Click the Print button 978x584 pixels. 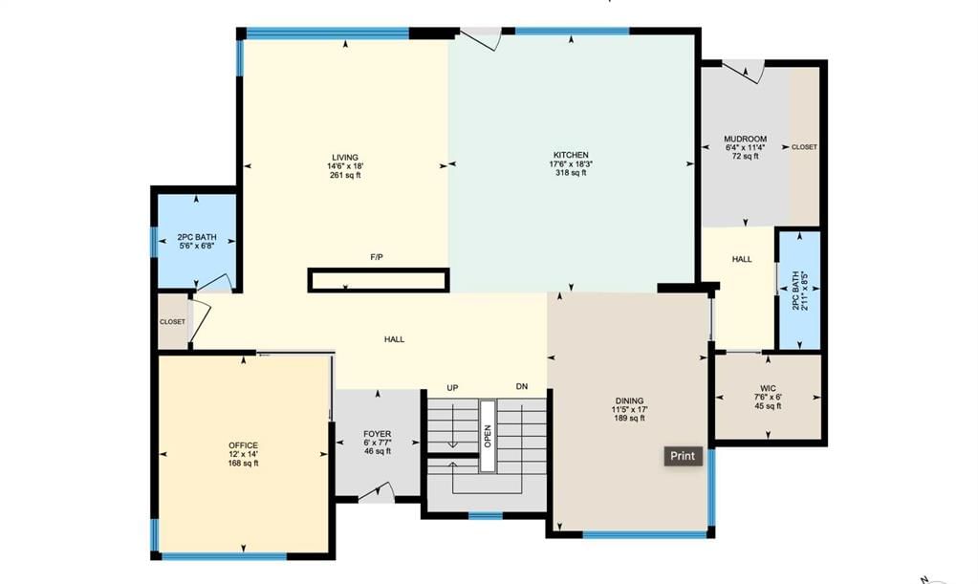click(x=683, y=456)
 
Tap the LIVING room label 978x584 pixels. click(x=345, y=158)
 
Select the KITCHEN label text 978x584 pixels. click(x=571, y=155)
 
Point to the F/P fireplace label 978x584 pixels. click(x=376, y=257)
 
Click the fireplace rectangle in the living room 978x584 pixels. click(x=379, y=280)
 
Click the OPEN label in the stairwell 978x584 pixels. click(x=488, y=436)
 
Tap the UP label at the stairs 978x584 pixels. click(x=452, y=388)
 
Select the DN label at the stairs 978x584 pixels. click(x=521, y=386)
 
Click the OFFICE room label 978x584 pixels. click(x=243, y=445)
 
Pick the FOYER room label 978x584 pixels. click(x=378, y=434)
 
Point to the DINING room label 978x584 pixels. click(x=629, y=400)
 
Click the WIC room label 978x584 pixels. click(x=768, y=388)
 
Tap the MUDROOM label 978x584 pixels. click(x=746, y=139)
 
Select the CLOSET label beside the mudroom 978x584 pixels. click(x=804, y=147)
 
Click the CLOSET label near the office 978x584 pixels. click(x=172, y=321)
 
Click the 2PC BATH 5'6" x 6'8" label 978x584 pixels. click(x=197, y=241)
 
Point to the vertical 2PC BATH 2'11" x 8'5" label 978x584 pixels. click(x=799, y=291)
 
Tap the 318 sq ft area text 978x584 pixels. click(x=571, y=173)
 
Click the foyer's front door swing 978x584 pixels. click(x=377, y=492)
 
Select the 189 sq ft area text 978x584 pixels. click(x=629, y=419)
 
